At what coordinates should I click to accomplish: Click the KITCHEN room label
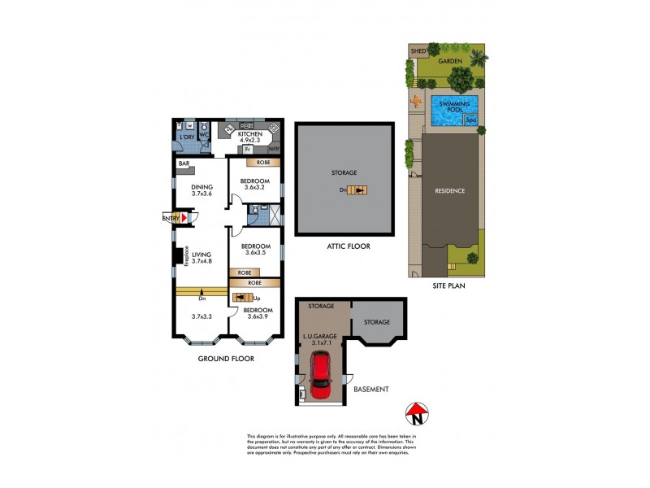tap(250, 135)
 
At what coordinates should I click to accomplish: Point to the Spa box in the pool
tap(470, 120)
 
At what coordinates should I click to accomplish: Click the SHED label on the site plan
tap(419, 50)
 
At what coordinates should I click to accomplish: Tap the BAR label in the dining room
tap(184, 163)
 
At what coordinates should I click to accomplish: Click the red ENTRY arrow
tap(184, 218)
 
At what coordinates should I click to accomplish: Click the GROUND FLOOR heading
tap(227, 358)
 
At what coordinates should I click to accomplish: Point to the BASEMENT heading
tap(370, 389)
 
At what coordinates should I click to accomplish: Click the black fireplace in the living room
tap(176, 256)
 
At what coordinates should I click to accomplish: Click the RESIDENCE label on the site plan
tap(449, 191)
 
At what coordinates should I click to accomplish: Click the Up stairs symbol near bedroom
tap(243, 298)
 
